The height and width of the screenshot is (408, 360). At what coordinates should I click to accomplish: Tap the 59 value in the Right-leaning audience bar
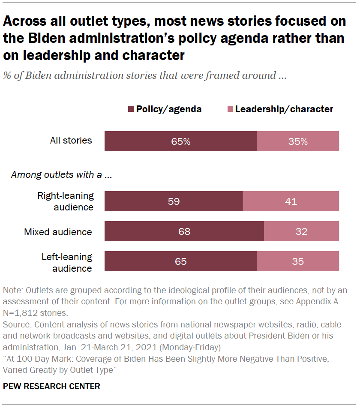pos(174,201)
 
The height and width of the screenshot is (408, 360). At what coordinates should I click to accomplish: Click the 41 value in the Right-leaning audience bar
pos(291,201)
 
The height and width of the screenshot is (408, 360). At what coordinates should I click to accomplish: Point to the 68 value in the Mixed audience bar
pos(184,232)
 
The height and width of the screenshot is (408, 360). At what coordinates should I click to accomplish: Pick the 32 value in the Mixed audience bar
pos(301,232)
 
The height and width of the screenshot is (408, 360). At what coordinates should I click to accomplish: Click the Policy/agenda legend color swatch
pos(131,109)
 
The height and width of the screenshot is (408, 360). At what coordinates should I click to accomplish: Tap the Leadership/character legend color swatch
pos(230,109)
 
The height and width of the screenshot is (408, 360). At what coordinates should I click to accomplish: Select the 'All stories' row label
pos(71,140)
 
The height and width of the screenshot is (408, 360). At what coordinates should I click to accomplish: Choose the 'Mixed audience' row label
pos(58,232)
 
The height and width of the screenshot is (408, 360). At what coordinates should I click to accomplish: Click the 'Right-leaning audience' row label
pos(65,201)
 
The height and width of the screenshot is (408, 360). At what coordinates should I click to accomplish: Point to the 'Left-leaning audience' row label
pos(67,262)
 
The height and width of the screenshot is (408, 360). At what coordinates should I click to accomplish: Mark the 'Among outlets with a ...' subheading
pos(61,175)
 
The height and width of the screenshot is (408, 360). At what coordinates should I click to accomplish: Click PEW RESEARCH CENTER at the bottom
pos(51,386)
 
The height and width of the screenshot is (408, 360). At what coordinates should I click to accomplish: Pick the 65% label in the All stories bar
pos(180,141)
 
